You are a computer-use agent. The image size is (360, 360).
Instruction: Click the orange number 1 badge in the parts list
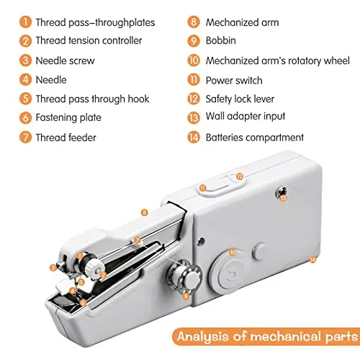click(x=25, y=22)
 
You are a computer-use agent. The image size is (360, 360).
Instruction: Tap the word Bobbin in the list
click(x=221, y=40)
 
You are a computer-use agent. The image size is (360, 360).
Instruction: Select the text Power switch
click(x=234, y=81)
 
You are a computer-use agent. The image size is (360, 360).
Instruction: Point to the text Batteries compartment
click(x=255, y=138)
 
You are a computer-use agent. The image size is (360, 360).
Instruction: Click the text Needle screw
click(x=65, y=60)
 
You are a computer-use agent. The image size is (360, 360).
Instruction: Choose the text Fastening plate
click(x=68, y=117)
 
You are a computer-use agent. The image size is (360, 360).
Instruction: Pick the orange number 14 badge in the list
click(x=194, y=138)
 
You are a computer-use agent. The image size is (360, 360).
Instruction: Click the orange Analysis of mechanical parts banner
click(x=266, y=336)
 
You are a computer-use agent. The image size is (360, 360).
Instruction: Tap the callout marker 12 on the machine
click(x=240, y=176)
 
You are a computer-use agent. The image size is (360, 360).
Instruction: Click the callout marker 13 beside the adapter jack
click(x=284, y=198)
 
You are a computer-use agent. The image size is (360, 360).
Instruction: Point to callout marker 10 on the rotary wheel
click(x=233, y=253)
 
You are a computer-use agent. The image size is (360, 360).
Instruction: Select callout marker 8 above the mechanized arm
click(x=144, y=212)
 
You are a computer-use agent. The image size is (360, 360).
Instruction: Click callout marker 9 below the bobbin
click(x=186, y=296)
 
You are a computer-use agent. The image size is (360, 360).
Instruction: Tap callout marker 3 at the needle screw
click(x=53, y=268)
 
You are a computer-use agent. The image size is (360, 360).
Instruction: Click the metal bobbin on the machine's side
click(x=185, y=276)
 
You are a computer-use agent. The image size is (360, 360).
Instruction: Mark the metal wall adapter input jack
click(x=281, y=192)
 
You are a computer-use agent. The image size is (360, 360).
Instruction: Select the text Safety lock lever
click(x=240, y=99)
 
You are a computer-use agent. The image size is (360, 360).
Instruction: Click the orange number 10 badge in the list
click(x=194, y=60)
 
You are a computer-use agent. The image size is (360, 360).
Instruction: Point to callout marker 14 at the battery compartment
click(x=312, y=259)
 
